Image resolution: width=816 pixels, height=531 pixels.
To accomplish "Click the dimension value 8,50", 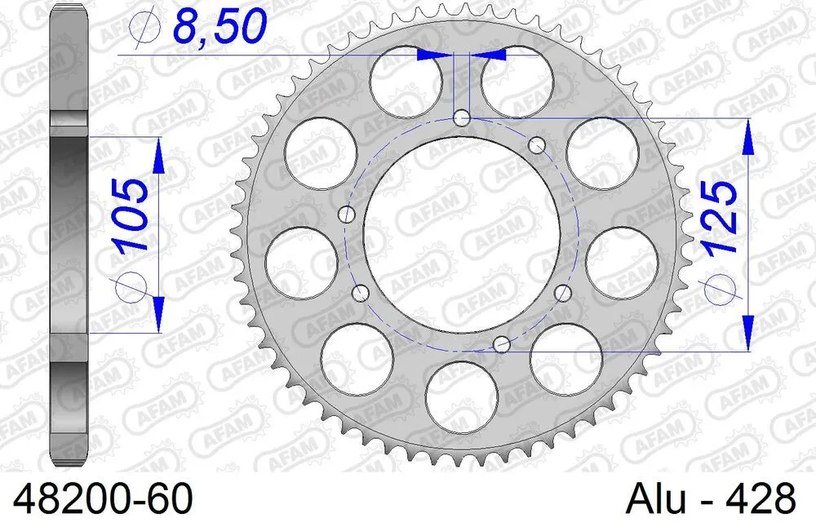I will coord(219,27).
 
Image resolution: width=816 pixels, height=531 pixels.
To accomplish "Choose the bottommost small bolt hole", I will coord(503,344).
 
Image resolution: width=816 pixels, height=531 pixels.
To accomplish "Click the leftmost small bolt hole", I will coord(348,215).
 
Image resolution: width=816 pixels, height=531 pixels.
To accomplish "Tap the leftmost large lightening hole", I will coord(301,263).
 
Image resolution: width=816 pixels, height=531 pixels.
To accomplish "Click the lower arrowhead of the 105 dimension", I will coord(158,314).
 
